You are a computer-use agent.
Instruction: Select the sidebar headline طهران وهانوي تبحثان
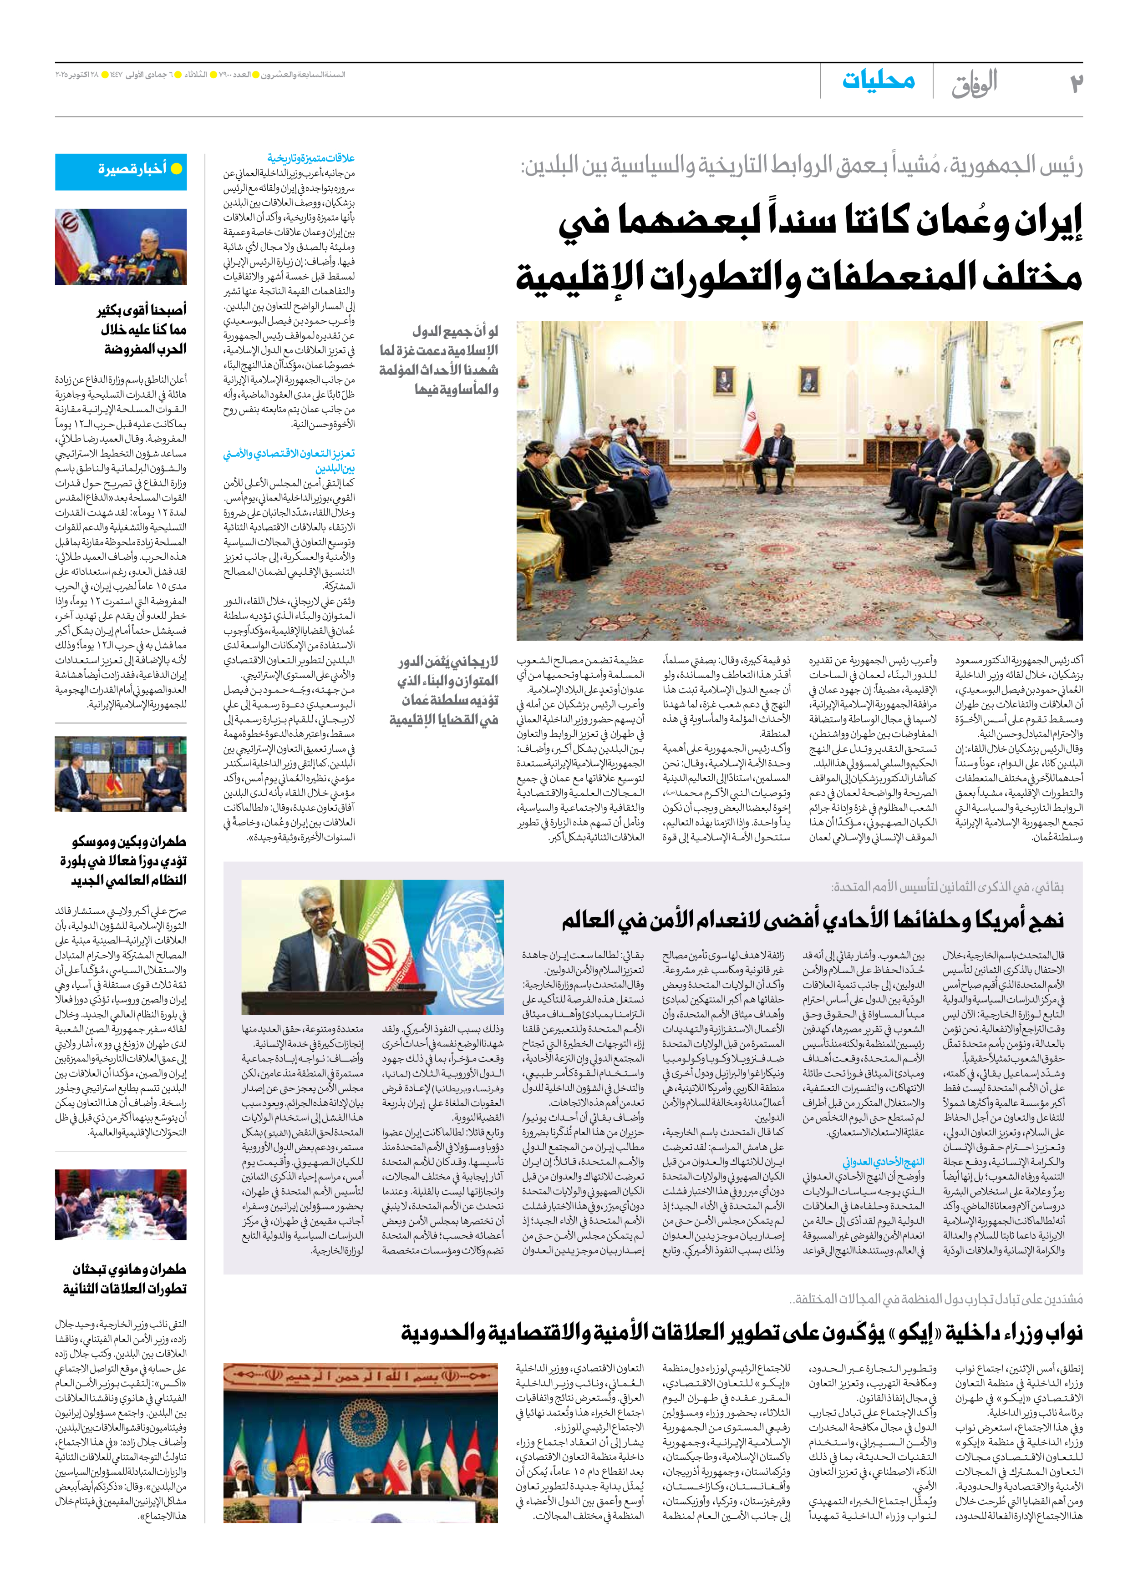coord(129,1269)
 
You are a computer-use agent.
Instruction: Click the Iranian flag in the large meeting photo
coord(752,425)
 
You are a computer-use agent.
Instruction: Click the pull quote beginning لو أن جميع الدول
coord(438,360)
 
